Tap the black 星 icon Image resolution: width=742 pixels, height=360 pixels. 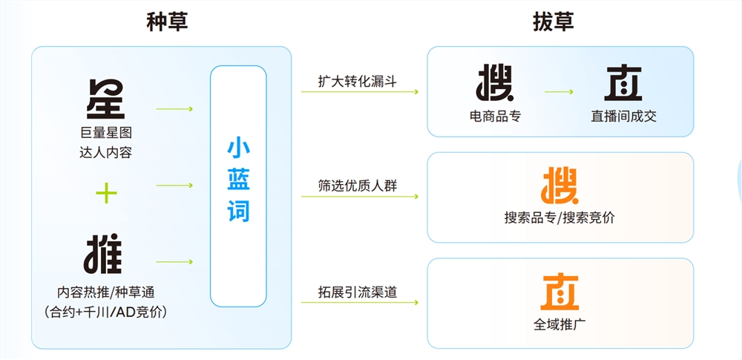[x=105, y=99]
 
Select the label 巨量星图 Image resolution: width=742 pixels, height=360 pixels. [x=105, y=133]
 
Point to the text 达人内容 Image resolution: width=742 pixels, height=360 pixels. [x=105, y=153]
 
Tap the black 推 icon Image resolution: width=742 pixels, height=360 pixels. [x=103, y=255]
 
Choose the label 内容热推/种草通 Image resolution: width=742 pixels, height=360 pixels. [x=105, y=292]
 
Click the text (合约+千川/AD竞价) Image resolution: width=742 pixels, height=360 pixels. [x=105, y=312]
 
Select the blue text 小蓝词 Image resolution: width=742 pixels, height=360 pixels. [x=238, y=181]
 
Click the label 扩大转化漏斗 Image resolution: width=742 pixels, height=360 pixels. [x=358, y=81]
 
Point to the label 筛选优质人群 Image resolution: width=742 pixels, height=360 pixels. [x=358, y=186]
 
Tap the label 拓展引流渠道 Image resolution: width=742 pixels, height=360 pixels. [x=358, y=292]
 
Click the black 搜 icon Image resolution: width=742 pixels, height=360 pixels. [x=495, y=83]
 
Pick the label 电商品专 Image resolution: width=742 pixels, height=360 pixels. [x=495, y=116]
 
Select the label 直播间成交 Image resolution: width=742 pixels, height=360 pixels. [x=624, y=116]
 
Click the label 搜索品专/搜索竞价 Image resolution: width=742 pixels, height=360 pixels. [x=560, y=218]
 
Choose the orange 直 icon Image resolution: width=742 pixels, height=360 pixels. [x=559, y=292]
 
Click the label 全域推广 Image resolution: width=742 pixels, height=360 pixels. [x=560, y=325]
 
